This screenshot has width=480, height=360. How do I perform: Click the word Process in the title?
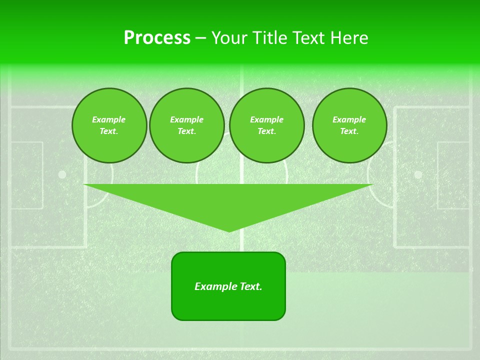point(157,38)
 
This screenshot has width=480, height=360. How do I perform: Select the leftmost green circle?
point(109,125)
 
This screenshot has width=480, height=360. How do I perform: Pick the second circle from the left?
point(187,125)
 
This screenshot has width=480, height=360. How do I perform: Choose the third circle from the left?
point(266,125)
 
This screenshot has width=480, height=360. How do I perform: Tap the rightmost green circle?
point(349,125)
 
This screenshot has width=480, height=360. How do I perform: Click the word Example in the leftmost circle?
point(109,119)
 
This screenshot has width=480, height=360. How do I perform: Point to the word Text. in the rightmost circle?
point(349,131)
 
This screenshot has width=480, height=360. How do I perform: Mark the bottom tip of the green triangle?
point(229,230)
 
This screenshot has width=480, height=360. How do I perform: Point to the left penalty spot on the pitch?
point(62,174)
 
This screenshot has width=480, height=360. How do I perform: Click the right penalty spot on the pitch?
point(418,174)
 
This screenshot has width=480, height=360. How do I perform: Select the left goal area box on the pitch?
point(26,175)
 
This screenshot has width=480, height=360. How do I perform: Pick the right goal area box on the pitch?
point(453,175)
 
